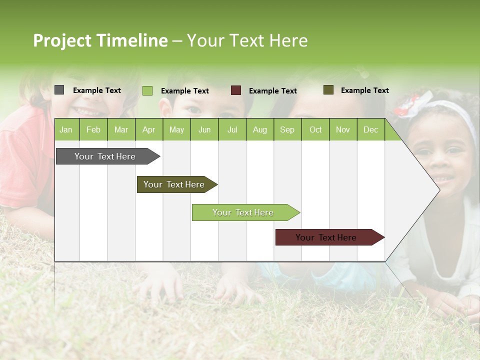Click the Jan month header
tap(66, 129)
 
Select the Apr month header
tap(148, 129)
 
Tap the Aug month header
tap(259, 129)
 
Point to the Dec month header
tap(370, 129)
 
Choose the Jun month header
tap(204, 129)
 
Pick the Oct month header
tap(315, 129)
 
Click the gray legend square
tap(59, 90)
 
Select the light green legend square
tap(147, 90)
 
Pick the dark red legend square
tap(235, 90)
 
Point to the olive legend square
tap(328, 90)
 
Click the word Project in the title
tap(61, 40)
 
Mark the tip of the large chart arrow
tap(439, 189)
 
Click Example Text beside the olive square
tap(364, 90)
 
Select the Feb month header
tap(93, 129)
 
